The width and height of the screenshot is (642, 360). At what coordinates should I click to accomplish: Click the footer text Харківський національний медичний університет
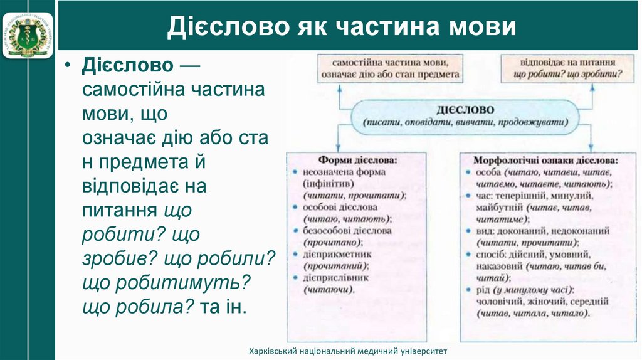[x=348, y=351]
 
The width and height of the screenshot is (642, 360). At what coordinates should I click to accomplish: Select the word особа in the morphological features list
[x=489, y=172]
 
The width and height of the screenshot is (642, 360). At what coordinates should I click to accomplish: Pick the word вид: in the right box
[x=486, y=231]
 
